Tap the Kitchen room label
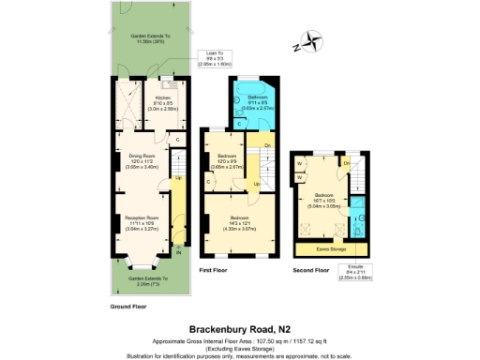tap(162, 97)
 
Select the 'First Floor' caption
tap(215, 270)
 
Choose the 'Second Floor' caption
tap(308, 270)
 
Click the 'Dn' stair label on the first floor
tap(268, 144)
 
